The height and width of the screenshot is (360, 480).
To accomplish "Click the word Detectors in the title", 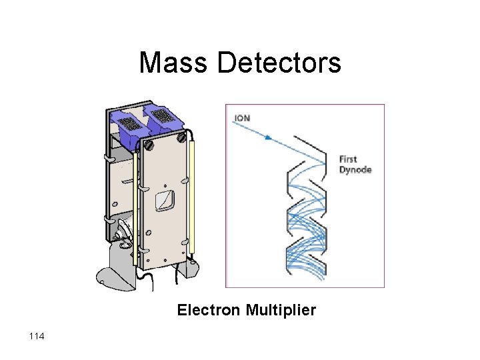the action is pos(279,63).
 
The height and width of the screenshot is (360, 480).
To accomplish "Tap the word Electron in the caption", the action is pos(209,310).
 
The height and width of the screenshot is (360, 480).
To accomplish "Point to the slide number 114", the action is pos(37,337).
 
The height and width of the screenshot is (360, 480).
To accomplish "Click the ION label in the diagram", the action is pos(241,119).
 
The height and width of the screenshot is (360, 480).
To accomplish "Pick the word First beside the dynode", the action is pos(348,159).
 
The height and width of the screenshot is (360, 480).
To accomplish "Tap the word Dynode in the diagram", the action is pos(355,169).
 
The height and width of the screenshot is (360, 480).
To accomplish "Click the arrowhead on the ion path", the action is pos(268,138).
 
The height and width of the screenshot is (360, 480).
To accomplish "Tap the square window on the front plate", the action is pos(165,199).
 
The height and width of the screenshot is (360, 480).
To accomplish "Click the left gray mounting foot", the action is pos(113,273).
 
